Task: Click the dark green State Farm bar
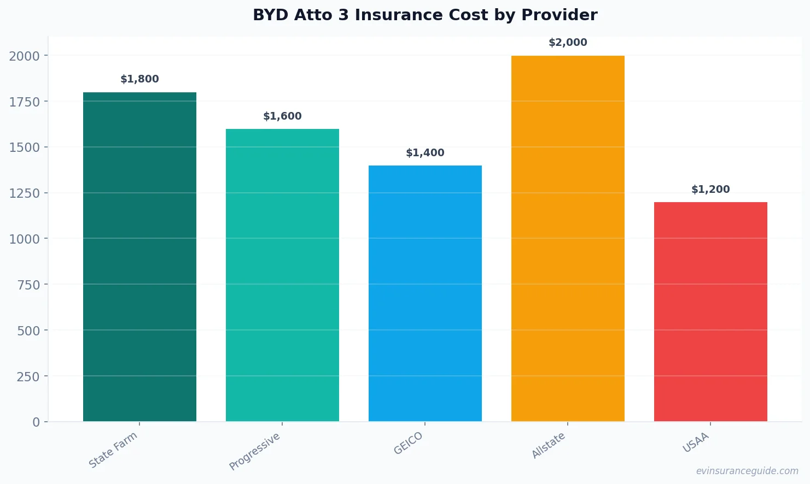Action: coord(139,257)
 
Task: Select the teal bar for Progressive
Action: coord(282,275)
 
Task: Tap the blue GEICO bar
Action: coord(425,293)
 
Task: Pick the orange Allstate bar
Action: coord(568,238)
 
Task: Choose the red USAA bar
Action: coord(710,311)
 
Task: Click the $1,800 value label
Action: coord(139,79)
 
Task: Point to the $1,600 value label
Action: coord(282,116)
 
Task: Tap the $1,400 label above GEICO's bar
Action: coord(425,153)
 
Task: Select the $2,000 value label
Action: coord(568,43)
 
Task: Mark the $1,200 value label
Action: coord(710,190)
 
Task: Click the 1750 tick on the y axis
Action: coord(25,102)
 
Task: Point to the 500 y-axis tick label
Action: coord(28,330)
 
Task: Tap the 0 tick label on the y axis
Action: coord(36,422)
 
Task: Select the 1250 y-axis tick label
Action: coord(25,193)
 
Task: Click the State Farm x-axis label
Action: coord(113,450)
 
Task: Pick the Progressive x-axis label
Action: coord(255,451)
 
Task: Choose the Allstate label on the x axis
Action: coord(549,445)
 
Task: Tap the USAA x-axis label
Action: coord(696,442)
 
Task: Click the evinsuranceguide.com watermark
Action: coord(747,471)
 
